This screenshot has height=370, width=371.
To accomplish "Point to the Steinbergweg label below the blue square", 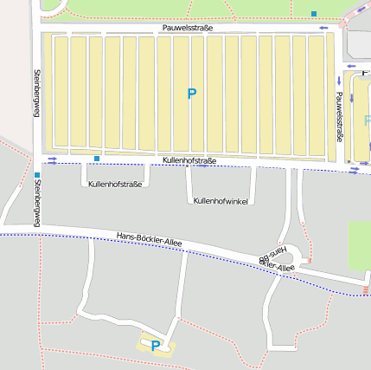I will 37,207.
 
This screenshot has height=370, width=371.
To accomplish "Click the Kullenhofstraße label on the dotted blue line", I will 189,161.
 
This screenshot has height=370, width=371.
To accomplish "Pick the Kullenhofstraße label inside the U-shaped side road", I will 115,184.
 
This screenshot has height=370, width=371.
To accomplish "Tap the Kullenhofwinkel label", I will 221,200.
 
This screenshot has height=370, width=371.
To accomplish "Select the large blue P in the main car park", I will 192,93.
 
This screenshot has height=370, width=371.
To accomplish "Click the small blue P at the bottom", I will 156,346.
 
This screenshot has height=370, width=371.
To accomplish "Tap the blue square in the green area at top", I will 313,13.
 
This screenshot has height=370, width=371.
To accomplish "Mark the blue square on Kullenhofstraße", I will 97,159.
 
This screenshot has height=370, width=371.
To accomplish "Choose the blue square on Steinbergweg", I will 37,176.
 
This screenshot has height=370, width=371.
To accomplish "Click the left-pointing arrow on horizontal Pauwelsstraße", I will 323,28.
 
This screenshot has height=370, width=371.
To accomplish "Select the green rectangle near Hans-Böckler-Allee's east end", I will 359,244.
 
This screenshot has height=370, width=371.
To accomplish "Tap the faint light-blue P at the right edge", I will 367,120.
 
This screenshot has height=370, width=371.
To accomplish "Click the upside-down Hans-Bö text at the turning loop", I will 272,257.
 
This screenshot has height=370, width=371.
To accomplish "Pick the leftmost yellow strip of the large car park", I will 60,91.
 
